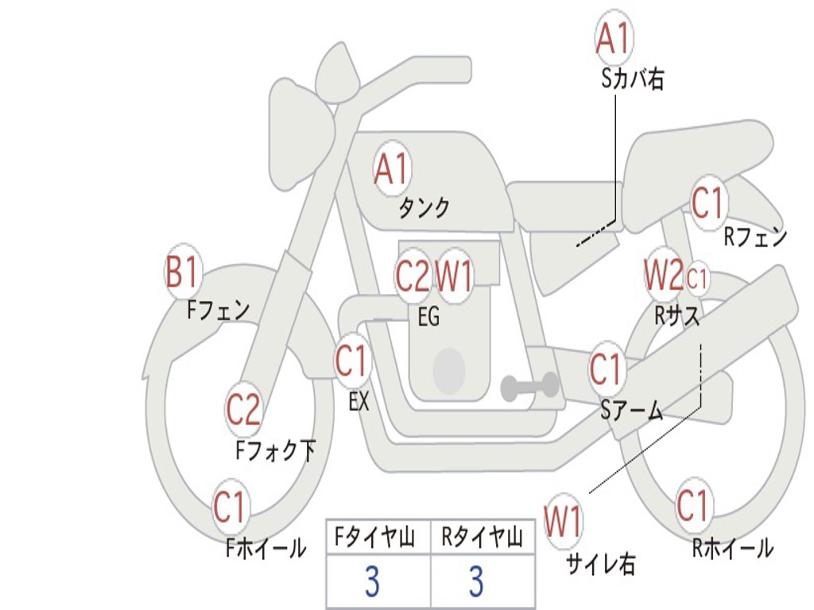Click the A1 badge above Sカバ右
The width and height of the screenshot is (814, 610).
coord(614,38)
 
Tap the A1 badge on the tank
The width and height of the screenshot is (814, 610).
coord(391,168)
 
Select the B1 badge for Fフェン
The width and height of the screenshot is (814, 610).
coord(181,272)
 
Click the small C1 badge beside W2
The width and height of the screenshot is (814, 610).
coord(697,278)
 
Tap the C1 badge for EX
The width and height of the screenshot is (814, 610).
coord(351,362)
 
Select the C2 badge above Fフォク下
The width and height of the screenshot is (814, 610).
coord(243,410)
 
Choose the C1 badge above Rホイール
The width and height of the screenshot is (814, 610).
coord(692,505)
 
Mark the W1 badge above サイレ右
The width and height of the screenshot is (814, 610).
coord(563,523)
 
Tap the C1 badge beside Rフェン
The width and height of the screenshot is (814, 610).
coord(707,203)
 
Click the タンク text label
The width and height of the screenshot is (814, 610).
coord(424,208)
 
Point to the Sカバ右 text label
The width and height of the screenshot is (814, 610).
coord(632,79)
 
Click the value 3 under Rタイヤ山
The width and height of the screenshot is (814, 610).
coord(476,582)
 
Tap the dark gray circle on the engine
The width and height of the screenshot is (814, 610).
coord(448,369)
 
